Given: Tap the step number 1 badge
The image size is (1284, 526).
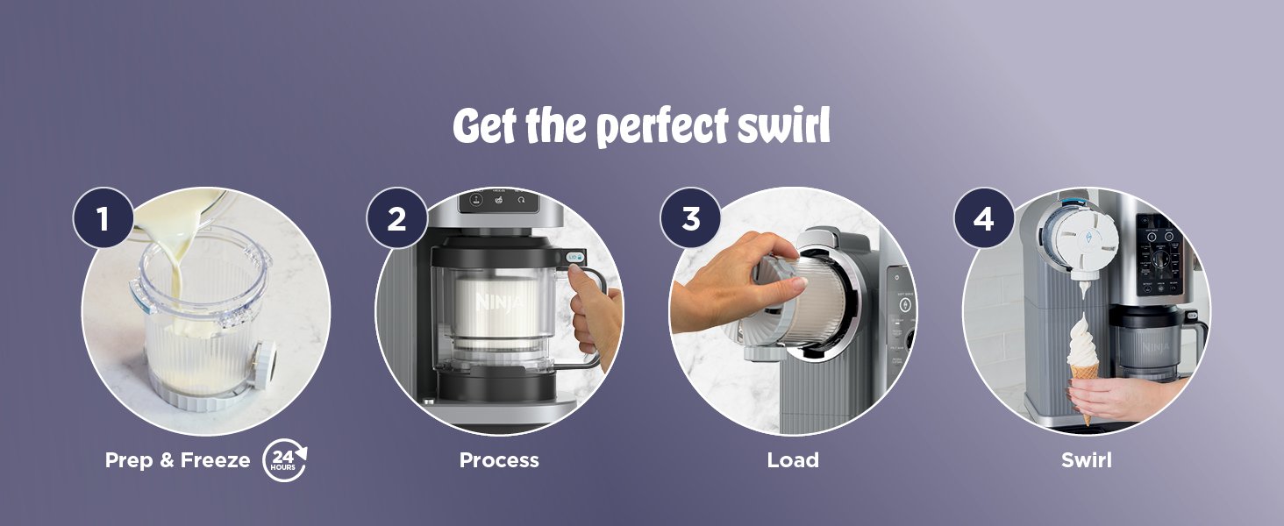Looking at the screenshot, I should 103,218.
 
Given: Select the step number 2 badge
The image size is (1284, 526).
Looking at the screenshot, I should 396,218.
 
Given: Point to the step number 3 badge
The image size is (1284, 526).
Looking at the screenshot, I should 690,218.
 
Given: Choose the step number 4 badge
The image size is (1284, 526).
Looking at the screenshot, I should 984,218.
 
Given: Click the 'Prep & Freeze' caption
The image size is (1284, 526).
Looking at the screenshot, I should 177,461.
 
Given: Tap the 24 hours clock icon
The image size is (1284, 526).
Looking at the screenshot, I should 284,461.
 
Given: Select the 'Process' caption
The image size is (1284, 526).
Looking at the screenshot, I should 499,461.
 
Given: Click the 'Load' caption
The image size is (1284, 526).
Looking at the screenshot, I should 793,461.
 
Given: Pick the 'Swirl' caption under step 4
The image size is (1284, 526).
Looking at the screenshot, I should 1086,461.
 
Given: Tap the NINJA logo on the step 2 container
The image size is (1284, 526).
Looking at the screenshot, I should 496,303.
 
